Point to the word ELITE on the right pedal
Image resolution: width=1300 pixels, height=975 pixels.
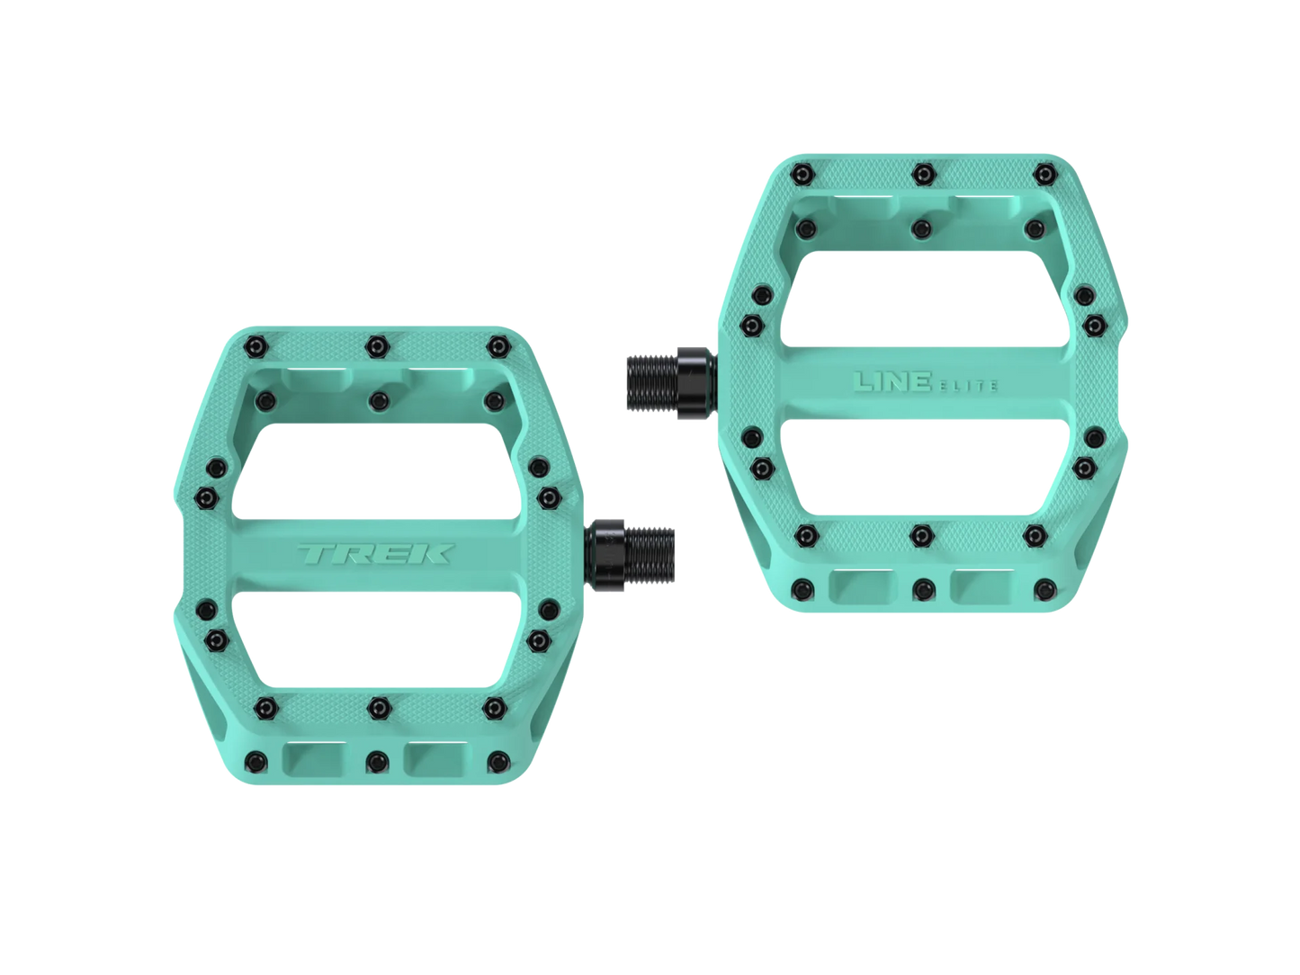[964, 386]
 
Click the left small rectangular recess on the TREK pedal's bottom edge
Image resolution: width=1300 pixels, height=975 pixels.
[309, 757]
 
